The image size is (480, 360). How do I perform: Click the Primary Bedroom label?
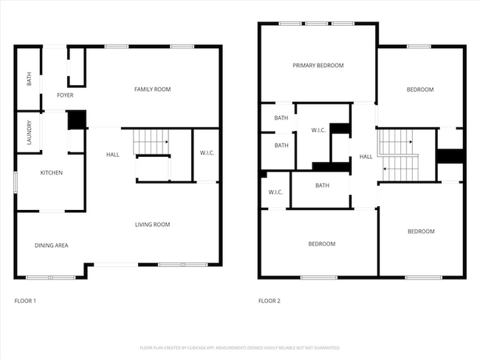318,66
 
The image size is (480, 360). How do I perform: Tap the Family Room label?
152,89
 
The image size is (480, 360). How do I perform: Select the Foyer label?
65,95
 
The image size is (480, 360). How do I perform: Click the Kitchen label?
51,173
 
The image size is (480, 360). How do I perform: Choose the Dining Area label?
52,245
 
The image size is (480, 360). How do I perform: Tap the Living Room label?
152,225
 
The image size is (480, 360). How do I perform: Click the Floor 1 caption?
25,301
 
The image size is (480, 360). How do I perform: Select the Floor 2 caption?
269,301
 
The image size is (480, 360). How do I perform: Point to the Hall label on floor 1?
112,154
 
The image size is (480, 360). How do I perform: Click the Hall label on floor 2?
366,157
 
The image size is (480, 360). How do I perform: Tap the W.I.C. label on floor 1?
207,153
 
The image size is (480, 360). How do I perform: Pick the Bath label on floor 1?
29,78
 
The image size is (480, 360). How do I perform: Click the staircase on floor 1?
151,140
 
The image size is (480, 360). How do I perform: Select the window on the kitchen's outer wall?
16,183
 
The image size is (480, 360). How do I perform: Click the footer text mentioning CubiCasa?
239,347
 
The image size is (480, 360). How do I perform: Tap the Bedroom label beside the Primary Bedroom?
419,90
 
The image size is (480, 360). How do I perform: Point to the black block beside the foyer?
77,120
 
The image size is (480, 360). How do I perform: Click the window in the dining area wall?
51,277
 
